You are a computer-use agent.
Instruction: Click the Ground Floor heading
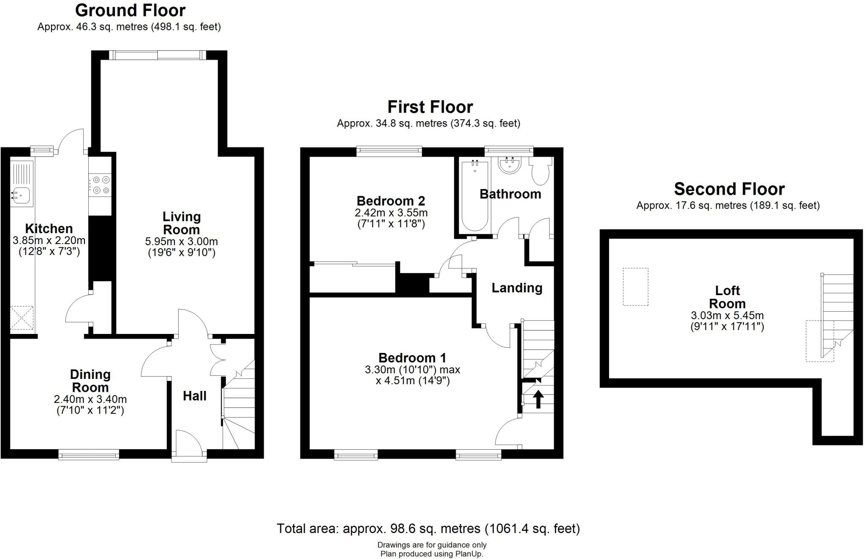pyautogui.click(x=130, y=10)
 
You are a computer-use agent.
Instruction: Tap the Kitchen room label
pyautogui.click(x=49, y=229)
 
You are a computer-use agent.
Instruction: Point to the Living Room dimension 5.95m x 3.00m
pyautogui.click(x=181, y=242)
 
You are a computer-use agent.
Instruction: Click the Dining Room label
pyautogui.click(x=90, y=381)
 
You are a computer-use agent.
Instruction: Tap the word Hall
pyautogui.click(x=194, y=396)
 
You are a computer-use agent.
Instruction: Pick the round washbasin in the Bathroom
pyautogui.click(x=510, y=166)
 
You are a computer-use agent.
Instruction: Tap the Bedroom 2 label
pyautogui.click(x=391, y=201)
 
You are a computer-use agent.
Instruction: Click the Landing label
pyautogui.click(x=517, y=288)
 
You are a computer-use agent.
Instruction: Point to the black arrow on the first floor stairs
pyautogui.click(x=538, y=399)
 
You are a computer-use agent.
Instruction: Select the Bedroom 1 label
pyautogui.click(x=412, y=358)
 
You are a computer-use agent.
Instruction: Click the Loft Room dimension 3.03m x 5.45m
pyautogui.click(x=727, y=315)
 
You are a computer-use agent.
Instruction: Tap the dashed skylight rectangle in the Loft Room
pyautogui.click(x=635, y=287)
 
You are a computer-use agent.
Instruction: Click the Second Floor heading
pyautogui.click(x=729, y=189)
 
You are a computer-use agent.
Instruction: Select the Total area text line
pyautogui.click(x=428, y=529)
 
